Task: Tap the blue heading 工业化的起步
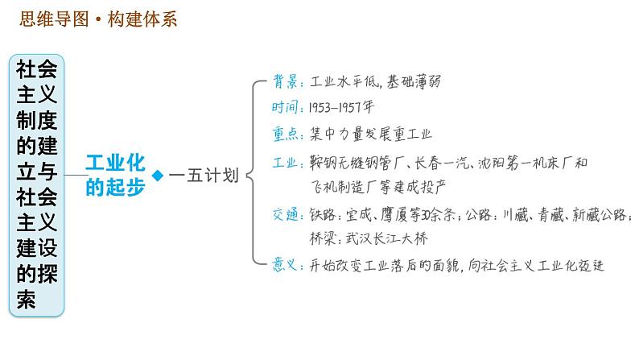coord(115,175)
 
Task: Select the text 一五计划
coord(204,176)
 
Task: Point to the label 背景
coord(283,82)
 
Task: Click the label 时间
coord(283,108)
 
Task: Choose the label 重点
coord(283,134)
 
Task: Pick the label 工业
coord(283,162)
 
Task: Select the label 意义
coord(283,265)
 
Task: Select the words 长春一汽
coord(441,162)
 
